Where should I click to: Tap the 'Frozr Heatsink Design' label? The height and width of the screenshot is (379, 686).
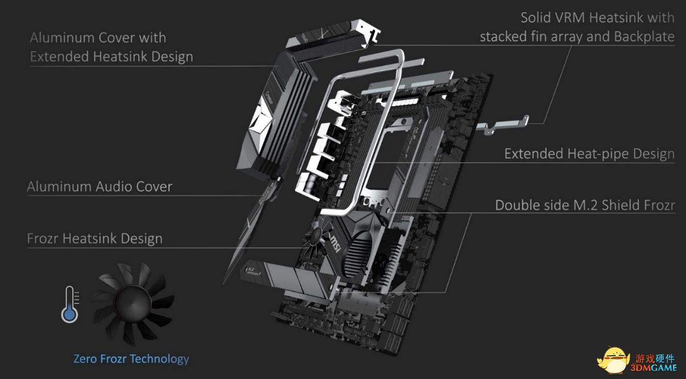point(95,239)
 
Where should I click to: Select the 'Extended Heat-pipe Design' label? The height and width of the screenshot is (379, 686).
point(589,154)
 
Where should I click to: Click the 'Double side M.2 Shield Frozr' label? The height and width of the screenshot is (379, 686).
point(585,206)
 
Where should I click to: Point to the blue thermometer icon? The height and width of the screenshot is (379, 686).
point(70,305)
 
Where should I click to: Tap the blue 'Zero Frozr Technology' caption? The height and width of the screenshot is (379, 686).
point(131,359)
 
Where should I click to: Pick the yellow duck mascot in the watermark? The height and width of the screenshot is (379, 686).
point(614,360)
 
